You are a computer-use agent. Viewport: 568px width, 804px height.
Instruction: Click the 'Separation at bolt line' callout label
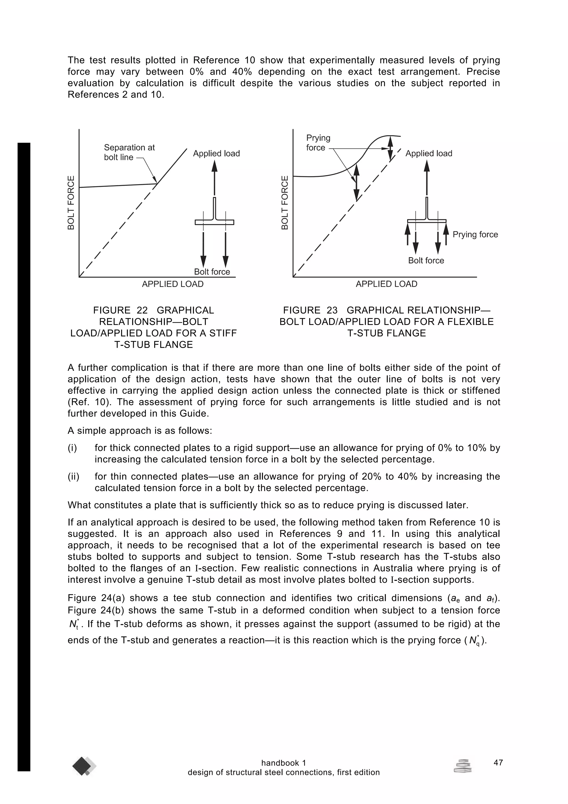[129, 152]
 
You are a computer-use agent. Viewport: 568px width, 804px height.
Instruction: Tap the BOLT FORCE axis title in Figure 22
[71, 203]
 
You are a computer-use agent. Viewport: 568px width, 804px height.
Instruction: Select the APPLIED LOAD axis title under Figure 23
[386, 284]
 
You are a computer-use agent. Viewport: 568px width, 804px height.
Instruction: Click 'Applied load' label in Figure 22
[216, 153]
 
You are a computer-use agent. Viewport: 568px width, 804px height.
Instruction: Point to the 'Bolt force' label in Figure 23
[426, 261]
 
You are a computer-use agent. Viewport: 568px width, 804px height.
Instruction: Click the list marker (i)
[72, 448]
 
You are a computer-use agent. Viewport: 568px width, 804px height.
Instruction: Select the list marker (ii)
[73, 477]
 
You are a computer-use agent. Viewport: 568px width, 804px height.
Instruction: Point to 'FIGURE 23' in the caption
[310, 310]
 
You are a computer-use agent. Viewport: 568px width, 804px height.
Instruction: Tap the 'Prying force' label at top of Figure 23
[318, 143]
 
